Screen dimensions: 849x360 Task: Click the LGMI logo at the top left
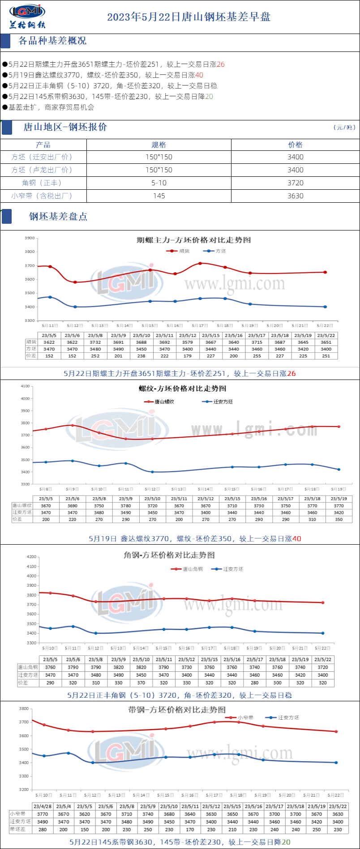tap(27, 16)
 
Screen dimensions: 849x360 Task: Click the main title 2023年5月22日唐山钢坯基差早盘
tap(189, 17)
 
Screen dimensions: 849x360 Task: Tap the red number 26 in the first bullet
tap(220, 64)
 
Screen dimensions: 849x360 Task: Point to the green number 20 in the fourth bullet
tap(209, 97)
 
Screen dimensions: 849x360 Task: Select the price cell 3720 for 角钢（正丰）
tap(296, 183)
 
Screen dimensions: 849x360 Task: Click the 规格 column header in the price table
tap(159, 145)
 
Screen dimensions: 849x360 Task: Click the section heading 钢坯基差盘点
tap(58, 217)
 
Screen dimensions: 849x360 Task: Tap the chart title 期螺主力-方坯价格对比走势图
tap(193, 240)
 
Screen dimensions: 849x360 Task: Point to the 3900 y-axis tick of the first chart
tap(30, 238)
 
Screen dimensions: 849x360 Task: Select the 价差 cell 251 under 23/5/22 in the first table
tap(326, 356)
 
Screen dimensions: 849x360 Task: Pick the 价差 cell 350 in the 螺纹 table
tap(339, 520)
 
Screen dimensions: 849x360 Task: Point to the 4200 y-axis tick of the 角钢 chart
tap(31, 557)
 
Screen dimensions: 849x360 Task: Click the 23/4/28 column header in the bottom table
tap(43, 806)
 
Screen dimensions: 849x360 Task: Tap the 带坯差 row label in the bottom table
tap(18, 829)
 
